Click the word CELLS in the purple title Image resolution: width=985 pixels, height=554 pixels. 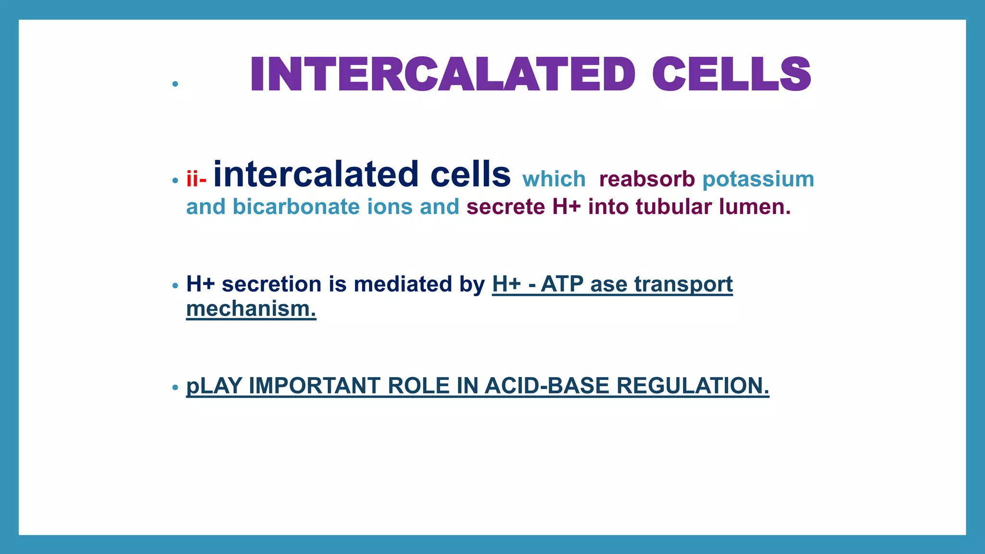click(732, 74)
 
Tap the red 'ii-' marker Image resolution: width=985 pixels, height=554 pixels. click(196, 179)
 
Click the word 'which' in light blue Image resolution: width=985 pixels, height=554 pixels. click(554, 179)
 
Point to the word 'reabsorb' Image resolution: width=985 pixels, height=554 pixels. click(647, 179)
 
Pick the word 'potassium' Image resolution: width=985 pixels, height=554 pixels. click(758, 179)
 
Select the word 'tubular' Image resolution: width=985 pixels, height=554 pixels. click(673, 207)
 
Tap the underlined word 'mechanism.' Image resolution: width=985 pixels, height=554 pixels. click(251, 309)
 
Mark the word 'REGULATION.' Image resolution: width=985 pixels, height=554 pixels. click(693, 386)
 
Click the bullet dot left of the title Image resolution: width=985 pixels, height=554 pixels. click(175, 84)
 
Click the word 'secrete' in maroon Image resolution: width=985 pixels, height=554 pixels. click(505, 207)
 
